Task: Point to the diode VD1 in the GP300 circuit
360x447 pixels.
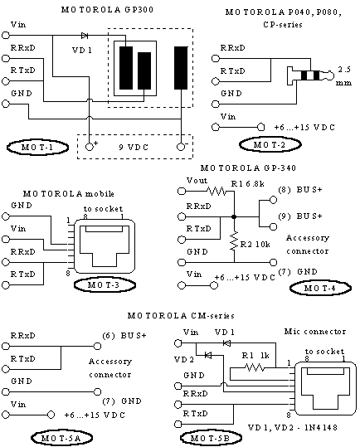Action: click(x=84, y=36)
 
